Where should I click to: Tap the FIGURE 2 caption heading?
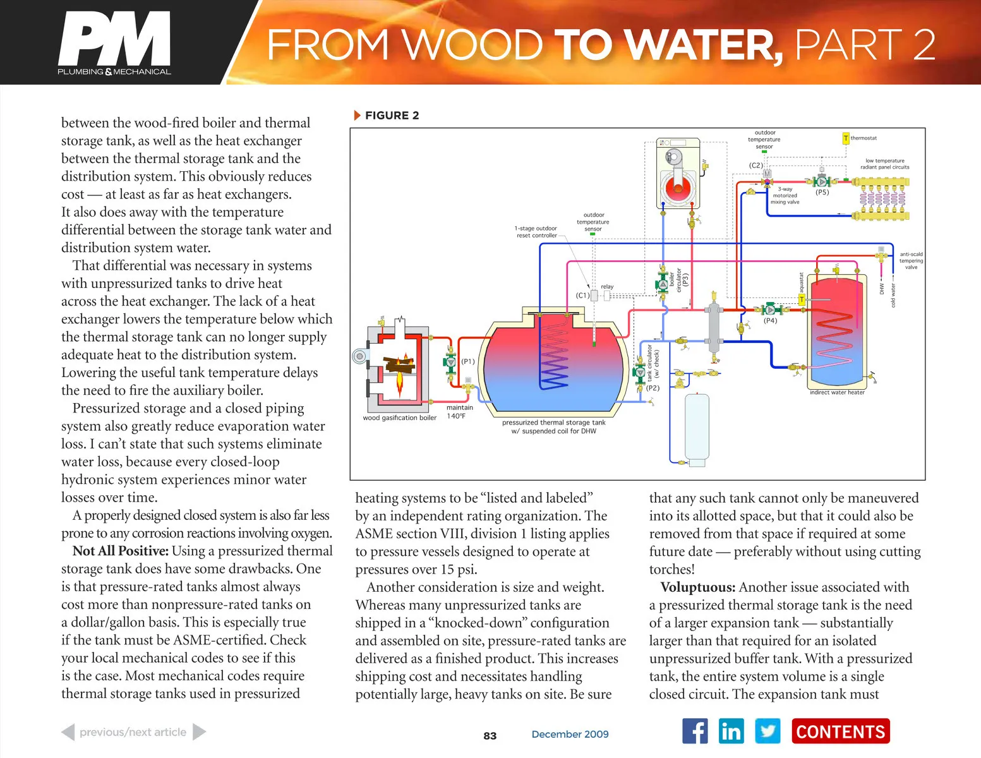click(391, 116)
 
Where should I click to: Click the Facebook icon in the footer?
click(695, 731)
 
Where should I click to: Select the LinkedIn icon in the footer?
click(731, 731)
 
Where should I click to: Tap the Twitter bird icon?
click(767, 731)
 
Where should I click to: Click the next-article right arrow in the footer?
click(199, 732)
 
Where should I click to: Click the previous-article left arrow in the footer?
click(68, 732)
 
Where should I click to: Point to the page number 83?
click(490, 736)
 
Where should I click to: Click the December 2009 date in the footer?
click(570, 734)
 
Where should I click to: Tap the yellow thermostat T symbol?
click(846, 138)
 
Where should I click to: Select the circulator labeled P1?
click(450, 363)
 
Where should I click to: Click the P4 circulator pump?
click(770, 310)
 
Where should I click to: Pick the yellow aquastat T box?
click(802, 300)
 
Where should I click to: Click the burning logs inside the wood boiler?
click(399, 364)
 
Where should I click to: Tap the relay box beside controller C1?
click(606, 296)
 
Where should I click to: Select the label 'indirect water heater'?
click(837, 392)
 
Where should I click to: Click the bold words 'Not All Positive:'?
click(120, 551)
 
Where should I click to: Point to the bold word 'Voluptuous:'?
click(697, 587)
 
